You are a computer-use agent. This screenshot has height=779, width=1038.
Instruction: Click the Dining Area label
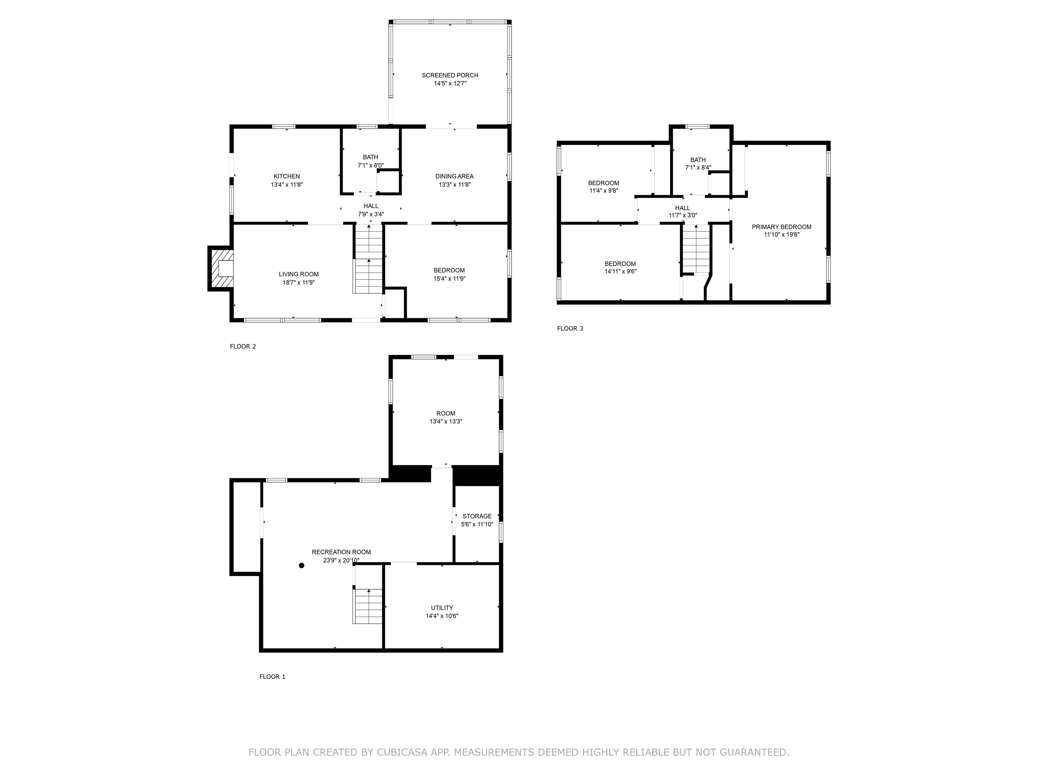[x=454, y=176]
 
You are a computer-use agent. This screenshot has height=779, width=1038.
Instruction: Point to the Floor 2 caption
[x=243, y=347]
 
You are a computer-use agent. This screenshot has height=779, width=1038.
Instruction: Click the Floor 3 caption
[x=570, y=329]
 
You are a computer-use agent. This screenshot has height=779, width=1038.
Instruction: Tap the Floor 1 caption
[x=272, y=677]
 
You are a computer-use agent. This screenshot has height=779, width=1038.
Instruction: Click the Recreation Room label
[x=341, y=552]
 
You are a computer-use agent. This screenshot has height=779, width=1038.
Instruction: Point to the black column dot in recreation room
[x=302, y=565]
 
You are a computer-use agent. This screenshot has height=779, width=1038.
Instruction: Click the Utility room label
[x=442, y=608]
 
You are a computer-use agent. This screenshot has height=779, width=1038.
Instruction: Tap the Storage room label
[x=477, y=516]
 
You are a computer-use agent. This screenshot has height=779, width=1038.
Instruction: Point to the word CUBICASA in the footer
[x=402, y=752]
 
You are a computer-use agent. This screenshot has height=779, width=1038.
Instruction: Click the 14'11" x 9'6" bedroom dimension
[x=620, y=272]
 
